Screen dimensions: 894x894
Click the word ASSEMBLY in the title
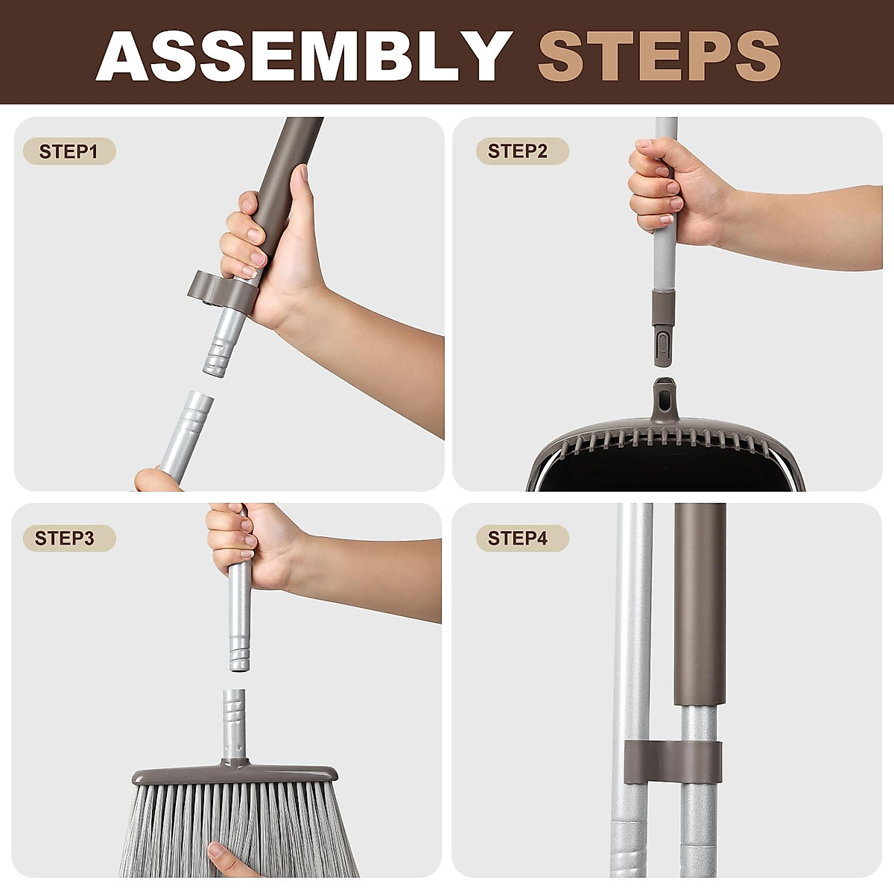(304, 55)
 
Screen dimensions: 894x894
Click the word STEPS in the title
(659, 55)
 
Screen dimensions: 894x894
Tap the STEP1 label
(69, 151)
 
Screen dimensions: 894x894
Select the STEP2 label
(518, 151)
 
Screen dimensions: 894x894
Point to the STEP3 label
(65, 538)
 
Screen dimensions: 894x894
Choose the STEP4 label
(518, 538)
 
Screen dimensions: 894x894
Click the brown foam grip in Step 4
(700, 603)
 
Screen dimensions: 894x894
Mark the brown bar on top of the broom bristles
(235, 775)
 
